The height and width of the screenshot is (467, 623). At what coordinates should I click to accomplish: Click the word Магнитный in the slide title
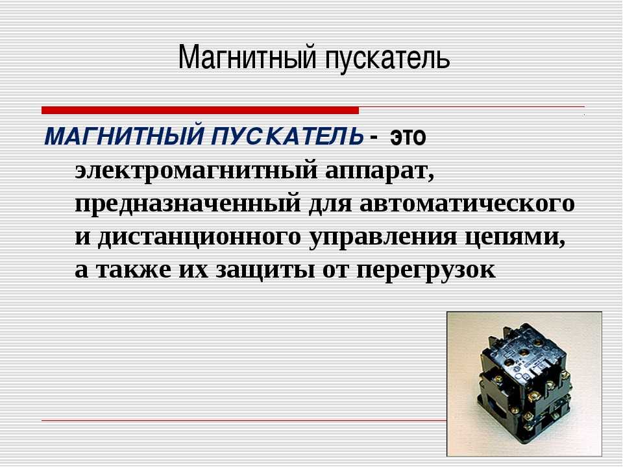[x=247, y=58]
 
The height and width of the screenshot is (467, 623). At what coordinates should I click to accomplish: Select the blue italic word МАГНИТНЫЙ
[x=125, y=135]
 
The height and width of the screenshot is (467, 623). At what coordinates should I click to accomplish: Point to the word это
[x=408, y=137]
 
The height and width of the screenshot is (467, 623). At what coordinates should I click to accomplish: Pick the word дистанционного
[x=199, y=237]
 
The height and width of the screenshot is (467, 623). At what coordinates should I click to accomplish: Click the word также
[x=134, y=270]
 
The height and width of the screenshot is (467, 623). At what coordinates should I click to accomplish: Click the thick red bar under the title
[x=200, y=110]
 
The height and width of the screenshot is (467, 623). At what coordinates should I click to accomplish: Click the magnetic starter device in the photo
[x=524, y=383]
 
